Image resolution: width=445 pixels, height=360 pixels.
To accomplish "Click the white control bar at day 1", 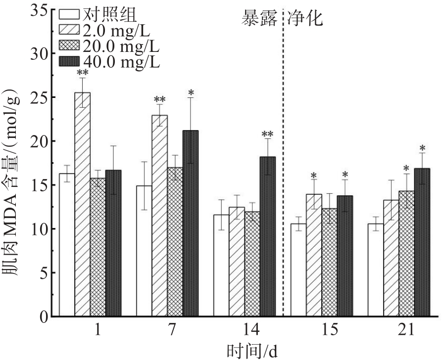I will [x=67, y=245].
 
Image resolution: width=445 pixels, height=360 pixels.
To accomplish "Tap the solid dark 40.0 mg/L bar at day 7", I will [x=191, y=223].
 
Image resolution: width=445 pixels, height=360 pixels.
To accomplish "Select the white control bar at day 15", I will [x=299, y=270].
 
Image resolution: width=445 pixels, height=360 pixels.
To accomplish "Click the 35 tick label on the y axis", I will [x=40, y=10].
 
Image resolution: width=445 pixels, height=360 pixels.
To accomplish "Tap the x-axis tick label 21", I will [x=407, y=331].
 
